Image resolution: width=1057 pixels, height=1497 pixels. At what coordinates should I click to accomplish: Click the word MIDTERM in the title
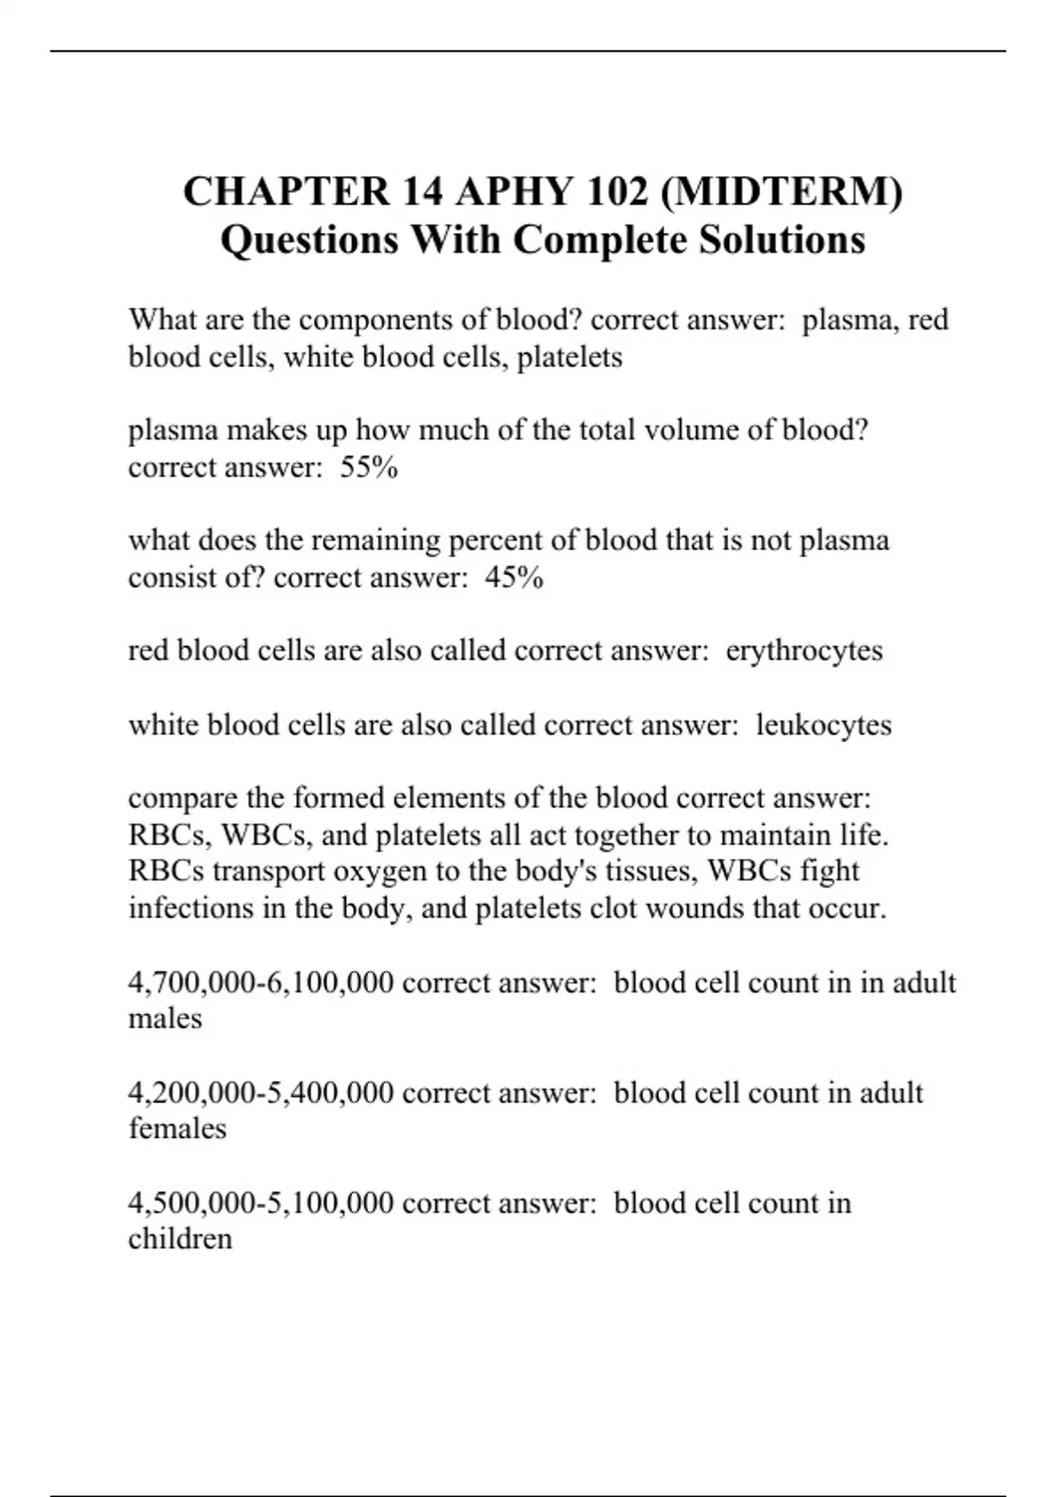click(780, 192)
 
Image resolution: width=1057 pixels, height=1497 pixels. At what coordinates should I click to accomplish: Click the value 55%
click(369, 467)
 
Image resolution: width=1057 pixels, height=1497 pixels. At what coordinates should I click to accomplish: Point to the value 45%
click(514, 578)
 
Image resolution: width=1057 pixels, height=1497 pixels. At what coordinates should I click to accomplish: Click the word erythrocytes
click(803, 651)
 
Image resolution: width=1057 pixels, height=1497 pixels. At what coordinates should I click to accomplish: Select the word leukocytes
click(824, 725)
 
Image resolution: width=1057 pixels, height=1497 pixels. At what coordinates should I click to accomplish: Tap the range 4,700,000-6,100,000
click(261, 982)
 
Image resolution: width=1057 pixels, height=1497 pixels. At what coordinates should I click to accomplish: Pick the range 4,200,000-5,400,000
click(261, 1093)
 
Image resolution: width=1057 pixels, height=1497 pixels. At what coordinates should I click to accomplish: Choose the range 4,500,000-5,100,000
click(261, 1203)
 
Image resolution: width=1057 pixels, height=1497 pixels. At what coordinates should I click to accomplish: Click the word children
click(181, 1239)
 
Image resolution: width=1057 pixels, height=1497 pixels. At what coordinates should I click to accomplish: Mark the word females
click(177, 1129)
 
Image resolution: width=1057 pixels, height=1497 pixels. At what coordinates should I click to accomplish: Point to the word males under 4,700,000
click(166, 1019)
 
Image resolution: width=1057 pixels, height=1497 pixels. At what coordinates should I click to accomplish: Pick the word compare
click(182, 799)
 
